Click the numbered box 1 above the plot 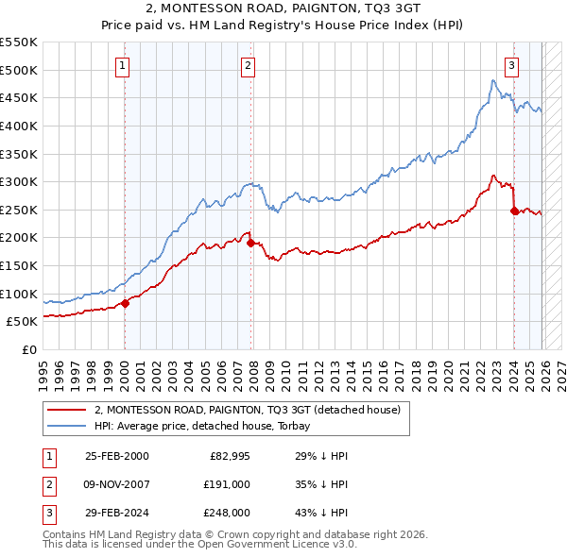(124, 65)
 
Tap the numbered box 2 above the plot (248, 65)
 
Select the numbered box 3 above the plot (511, 65)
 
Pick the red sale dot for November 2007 (250, 243)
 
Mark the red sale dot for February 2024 (514, 211)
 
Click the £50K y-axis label (22, 322)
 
